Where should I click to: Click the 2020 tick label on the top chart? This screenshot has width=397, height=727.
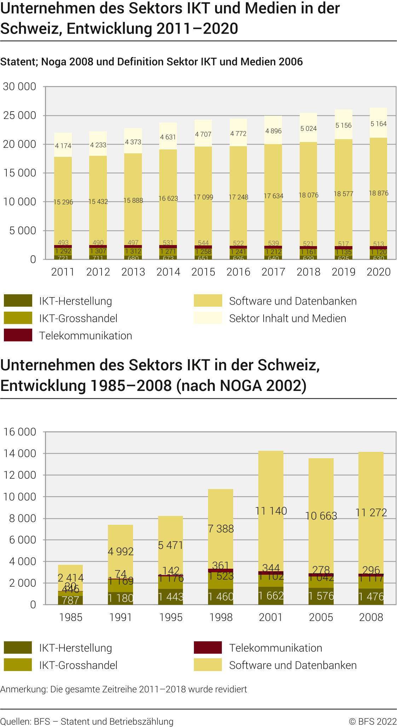[379, 272]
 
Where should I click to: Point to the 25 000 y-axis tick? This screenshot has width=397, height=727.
[20, 115]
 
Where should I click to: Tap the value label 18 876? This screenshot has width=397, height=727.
[379, 193]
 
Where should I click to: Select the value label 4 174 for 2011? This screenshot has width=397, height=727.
[63, 146]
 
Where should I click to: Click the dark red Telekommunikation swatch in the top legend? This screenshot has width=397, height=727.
[18, 335]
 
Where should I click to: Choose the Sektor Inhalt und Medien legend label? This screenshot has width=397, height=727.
[288, 318]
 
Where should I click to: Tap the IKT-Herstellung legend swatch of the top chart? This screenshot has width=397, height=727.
[18, 301]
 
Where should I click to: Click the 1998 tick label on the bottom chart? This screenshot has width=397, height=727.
[221, 617]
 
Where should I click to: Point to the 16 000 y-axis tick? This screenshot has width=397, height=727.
[20, 432]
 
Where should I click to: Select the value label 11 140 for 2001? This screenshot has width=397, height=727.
[271, 511]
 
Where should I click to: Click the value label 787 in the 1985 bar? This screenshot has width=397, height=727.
[70, 600]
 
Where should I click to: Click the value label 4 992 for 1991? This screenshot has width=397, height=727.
[121, 551]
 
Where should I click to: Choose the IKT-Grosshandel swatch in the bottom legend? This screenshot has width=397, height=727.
[18, 665]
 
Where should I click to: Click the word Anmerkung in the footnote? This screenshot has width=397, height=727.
[24, 689]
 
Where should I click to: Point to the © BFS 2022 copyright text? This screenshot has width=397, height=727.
[373, 722]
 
